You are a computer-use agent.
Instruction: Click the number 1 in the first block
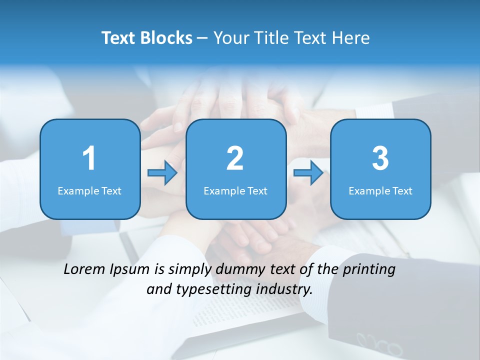[89, 158]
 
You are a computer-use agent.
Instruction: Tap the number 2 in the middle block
[235, 158]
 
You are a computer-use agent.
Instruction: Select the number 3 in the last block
[380, 158]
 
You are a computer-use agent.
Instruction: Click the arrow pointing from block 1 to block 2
[162, 173]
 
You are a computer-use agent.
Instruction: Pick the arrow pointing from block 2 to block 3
[308, 173]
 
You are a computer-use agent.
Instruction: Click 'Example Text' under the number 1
[89, 190]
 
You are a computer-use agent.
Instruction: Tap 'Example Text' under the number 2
[235, 190]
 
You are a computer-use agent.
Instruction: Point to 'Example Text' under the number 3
[380, 190]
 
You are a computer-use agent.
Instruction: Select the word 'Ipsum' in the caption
[130, 269]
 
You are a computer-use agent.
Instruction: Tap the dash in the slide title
[202, 38]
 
